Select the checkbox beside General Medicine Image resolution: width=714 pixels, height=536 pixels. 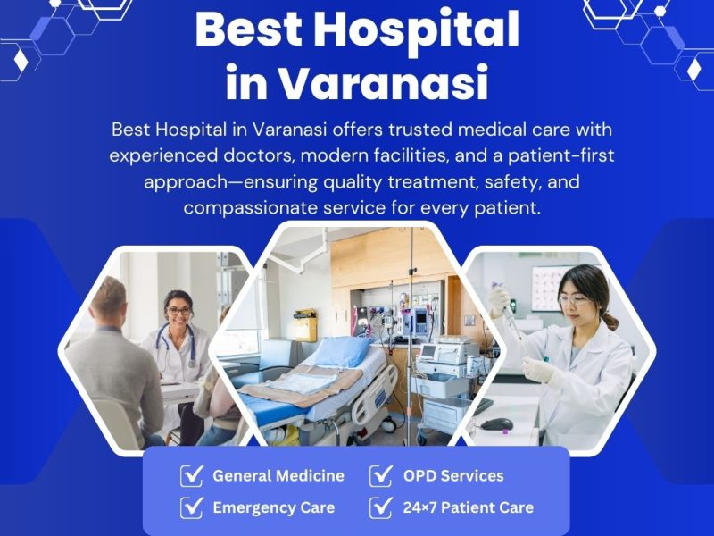[x=192, y=475]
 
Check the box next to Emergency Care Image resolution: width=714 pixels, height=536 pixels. [x=192, y=507]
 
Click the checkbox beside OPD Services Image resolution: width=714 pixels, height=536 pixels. [x=382, y=475]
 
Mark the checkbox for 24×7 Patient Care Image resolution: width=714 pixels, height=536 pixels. [x=382, y=507]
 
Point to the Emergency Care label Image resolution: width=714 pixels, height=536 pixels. [x=273, y=507]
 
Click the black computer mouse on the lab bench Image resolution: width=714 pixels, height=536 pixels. [x=496, y=423]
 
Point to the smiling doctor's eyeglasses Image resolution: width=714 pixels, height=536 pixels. [x=178, y=312]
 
